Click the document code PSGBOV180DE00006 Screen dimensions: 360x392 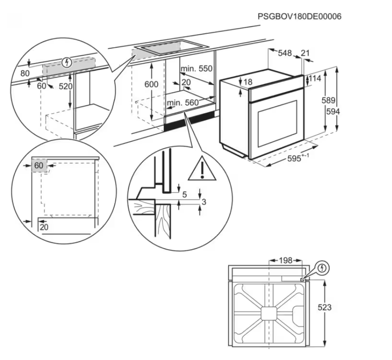pyautogui.click(x=299, y=17)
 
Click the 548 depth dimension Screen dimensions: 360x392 pyautogui.click(x=284, y=53)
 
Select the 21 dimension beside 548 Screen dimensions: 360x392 pyautogui.click(x=306, y=53)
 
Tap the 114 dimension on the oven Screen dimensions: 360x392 pyautogui.click(x=315, y=79)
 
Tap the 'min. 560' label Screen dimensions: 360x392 pyautogui.click(x=183, y=103)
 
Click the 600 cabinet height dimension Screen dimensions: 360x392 pyautogui.click(x=152, y=84)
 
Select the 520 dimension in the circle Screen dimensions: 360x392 pyautogui.click(x=66, y=87)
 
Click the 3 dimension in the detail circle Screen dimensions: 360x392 pyautogui.click(x=203, y=202)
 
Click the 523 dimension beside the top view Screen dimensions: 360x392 pyautogui.click(x=324, y=308)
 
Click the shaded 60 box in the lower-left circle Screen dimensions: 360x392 pyautogui.click(x=39, y=166)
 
